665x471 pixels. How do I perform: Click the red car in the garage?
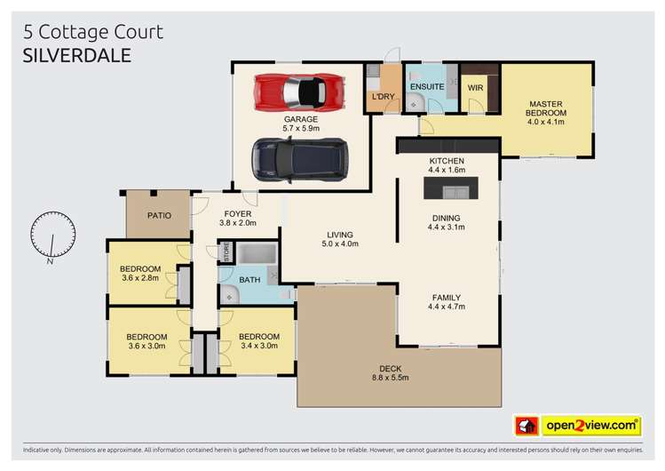pos(300,92)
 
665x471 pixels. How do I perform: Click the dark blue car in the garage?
pos(299,159)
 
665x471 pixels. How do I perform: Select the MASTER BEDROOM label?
pos(547,108)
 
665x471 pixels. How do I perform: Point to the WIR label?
pos(475,86)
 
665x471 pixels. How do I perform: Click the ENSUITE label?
pos(427,86)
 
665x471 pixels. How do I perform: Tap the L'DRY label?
pos(384,96)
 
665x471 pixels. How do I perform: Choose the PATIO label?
pos(159,215)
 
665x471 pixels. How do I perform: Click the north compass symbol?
pos(51,239)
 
